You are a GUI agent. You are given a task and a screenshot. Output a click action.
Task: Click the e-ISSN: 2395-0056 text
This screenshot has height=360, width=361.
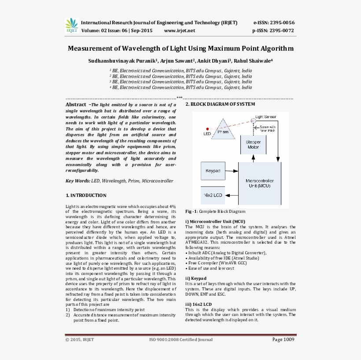click(273, 22)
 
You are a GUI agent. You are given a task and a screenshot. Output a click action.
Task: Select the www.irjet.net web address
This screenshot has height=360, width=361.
click(179, 31)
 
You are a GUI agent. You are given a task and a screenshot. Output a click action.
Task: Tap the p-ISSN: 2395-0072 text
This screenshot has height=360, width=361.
click(273, 31)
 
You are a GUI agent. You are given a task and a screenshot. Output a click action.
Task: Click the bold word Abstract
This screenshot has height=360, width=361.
click(76, 105)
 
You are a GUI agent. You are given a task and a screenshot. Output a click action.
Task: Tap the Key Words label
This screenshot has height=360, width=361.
click(77, 181)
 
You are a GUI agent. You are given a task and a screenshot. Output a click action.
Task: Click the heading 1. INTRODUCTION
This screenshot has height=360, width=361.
click(86, 195)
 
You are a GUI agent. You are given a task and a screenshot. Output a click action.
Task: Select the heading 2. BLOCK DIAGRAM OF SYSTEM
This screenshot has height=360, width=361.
click(220, 104)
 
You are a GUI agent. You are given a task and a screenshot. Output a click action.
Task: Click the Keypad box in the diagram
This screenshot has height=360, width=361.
click(213, 171)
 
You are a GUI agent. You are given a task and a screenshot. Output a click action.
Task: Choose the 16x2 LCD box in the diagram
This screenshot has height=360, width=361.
click(213, 194)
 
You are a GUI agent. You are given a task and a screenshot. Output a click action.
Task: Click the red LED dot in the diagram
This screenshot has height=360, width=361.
click(207, 129)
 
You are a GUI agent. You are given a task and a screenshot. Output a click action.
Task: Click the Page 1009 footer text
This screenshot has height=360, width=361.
click(283, 340)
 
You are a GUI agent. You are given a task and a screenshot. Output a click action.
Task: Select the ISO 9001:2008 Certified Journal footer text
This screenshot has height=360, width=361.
click(181, 340)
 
